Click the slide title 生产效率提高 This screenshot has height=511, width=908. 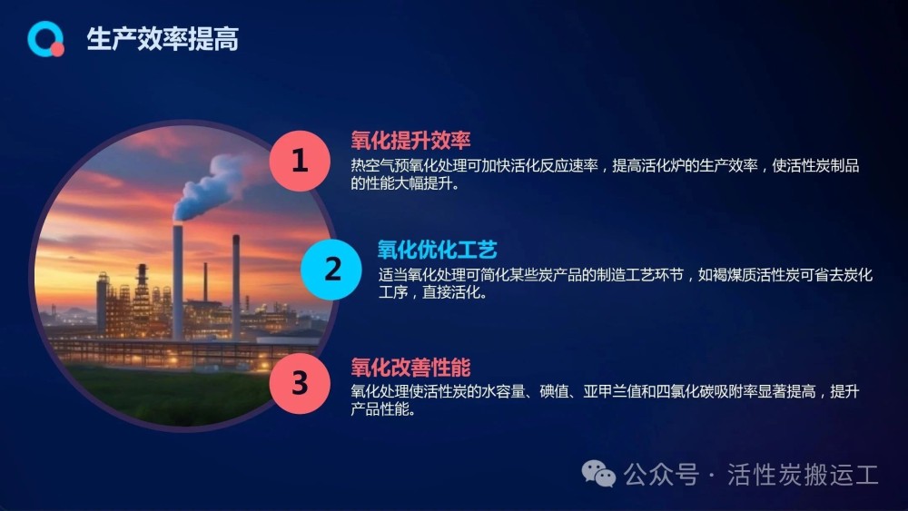click(163, 39)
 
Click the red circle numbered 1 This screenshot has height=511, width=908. click(300, 161)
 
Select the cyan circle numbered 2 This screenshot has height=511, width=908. click(331, 270)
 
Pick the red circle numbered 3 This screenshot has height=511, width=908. click(300, 383)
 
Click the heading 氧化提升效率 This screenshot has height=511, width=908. click(410, 140)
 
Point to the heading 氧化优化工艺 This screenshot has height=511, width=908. click(438, 250)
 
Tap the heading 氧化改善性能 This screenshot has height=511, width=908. click(410, 368)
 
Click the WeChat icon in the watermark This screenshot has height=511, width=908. click(598, 474)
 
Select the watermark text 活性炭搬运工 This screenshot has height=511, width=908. click(803, 475)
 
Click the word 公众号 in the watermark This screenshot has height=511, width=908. click(661, 475)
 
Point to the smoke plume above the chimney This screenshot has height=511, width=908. click(215, 185)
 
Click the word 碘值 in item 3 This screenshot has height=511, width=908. click(554, 392)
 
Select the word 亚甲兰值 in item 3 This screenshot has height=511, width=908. click(612, 392)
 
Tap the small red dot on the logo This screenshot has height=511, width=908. click(57, 50)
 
